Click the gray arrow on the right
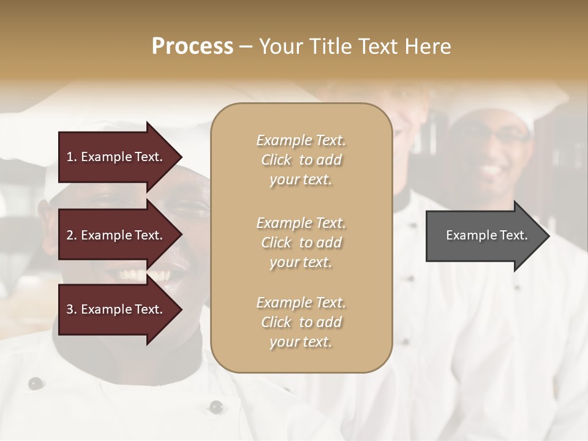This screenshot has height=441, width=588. tap(478, 236)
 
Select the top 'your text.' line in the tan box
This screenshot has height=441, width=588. tap(301, 180)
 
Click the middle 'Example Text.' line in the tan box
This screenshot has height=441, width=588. tap(301, 223)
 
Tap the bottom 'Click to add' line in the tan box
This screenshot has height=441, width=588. tap(301, 322)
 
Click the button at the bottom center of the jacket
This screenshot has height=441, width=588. tap(216, 406)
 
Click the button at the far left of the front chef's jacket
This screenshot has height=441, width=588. tap(36, 383)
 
